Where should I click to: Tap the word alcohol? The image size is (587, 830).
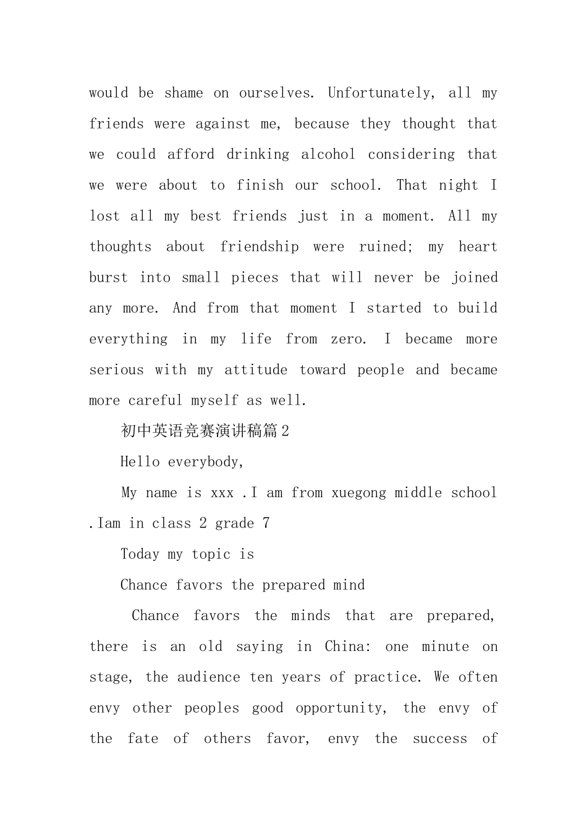[x=328, y=154]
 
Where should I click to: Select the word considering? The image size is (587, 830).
[x=412, y=154]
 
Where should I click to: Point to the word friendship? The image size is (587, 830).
[x=260, y=247]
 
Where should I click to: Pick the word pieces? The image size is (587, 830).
[x=255, y=278]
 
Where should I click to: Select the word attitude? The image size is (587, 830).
[x=256, y=370]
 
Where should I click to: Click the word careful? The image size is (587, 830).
[x=155, y=401]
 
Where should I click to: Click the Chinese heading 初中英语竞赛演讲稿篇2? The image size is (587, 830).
[x=205, y=431]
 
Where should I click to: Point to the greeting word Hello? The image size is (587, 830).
[x=140, y=462]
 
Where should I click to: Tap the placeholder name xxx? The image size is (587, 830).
[x=222, y=493]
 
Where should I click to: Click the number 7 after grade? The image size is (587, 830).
[x=266, y=524]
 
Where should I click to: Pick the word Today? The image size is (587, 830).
[x=140, y=555]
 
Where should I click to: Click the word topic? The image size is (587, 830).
[x=211, y=555]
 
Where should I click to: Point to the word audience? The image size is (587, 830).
[x=209, y=677]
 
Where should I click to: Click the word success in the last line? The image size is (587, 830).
[x=440, y=739]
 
